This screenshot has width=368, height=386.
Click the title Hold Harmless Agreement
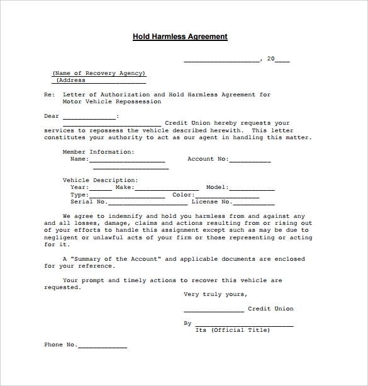pyautogui.click(x=180, y=37)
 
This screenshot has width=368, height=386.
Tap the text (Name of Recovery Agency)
pyautogui.click(x=99, y=73)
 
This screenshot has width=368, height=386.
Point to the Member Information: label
pyautogui.click(x=98, y=152)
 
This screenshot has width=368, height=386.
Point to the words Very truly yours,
pyautogui.click(x=215, y=294)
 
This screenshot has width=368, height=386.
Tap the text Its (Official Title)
pyautogui.click(x=233, y=330)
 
